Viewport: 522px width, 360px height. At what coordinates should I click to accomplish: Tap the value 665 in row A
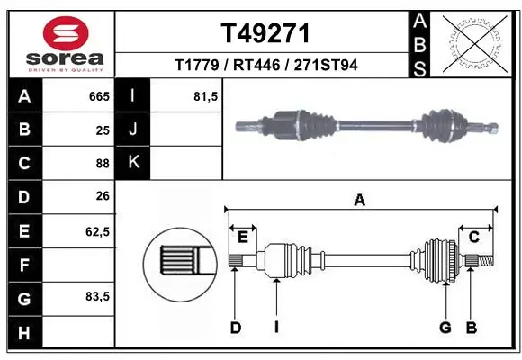click(x=98, y=95)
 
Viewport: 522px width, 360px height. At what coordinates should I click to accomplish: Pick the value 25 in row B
click(x=102, y=130)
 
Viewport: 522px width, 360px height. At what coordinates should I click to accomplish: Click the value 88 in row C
click(x=102, y=164)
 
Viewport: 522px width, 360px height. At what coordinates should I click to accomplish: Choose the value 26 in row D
click(x=102, y=197)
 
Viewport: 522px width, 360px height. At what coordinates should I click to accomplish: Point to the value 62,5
click(x=97, y=231)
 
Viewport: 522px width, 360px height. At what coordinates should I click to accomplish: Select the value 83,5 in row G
click(x=97, y=296)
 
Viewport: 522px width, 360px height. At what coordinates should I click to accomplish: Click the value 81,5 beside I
click(x=206, y=95)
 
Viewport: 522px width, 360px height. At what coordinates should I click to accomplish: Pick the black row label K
click(x=133, y=163)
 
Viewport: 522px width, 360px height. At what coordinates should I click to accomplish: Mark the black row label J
click(x=133, y=130)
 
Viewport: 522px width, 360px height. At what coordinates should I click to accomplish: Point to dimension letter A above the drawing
click(x=360, y=201)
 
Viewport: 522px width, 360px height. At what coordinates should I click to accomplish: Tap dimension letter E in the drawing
click(x=242, y=236)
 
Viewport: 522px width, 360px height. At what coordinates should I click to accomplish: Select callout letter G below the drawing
click(x=445, y=328)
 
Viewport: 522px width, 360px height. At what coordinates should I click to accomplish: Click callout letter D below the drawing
click(x=236, y=328)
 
